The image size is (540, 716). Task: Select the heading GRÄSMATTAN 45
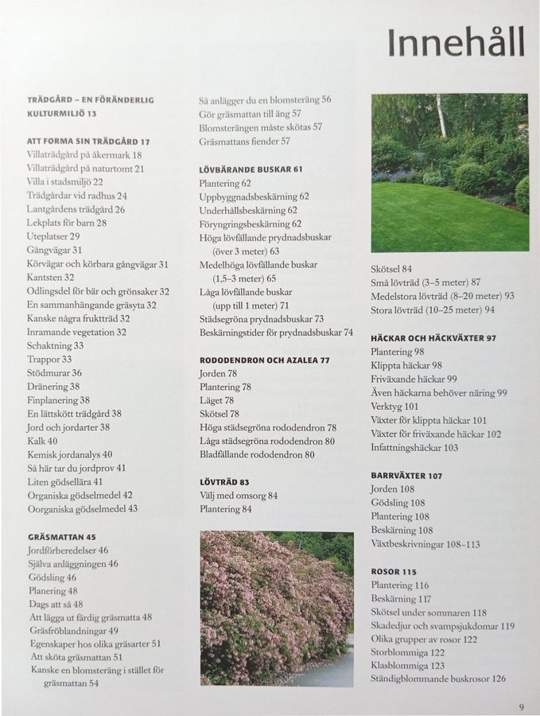click(62, 537)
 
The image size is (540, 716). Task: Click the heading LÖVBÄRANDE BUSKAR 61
click(251, 169)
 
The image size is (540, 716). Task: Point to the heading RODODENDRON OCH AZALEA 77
click(265, 360)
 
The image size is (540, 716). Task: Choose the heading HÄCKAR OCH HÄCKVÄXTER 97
click(433, 338)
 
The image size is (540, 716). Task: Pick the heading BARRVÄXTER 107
click(406, 476)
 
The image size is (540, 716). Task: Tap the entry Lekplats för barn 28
click(67, 223)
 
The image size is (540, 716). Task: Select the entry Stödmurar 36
click(55, 372)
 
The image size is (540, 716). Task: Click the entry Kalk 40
click(42, 441)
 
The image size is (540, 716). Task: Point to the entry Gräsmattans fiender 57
click(244, 141)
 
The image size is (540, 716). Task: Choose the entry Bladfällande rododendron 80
click(257, 454)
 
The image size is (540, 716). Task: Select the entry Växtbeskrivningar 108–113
click(425, 544)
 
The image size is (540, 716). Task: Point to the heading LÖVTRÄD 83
click(224, 482)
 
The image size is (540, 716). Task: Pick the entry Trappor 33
click(50, 359)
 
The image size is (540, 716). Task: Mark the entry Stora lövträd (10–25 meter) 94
click(433, 309)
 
